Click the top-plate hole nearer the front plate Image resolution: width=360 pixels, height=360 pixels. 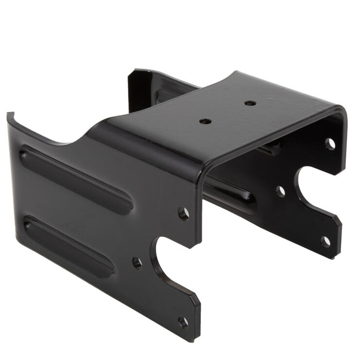tap(205, 121)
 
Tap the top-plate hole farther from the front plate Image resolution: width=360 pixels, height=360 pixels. tap(250, 103)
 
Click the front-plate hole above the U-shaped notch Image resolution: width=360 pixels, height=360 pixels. tap(184, 214)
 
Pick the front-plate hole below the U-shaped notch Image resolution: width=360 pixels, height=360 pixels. tap(183, 322)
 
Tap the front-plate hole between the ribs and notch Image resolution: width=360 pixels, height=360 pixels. tap(138, 263)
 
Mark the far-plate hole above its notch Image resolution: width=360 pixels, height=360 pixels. tap(330, 144)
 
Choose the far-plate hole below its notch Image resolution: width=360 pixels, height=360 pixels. tap(325, 241)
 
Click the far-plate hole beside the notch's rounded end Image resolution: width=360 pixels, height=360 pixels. tap(280, 191)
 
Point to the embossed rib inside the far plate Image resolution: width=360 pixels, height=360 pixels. tap(229, 192)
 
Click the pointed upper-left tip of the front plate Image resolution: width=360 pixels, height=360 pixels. tap(9, 115)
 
